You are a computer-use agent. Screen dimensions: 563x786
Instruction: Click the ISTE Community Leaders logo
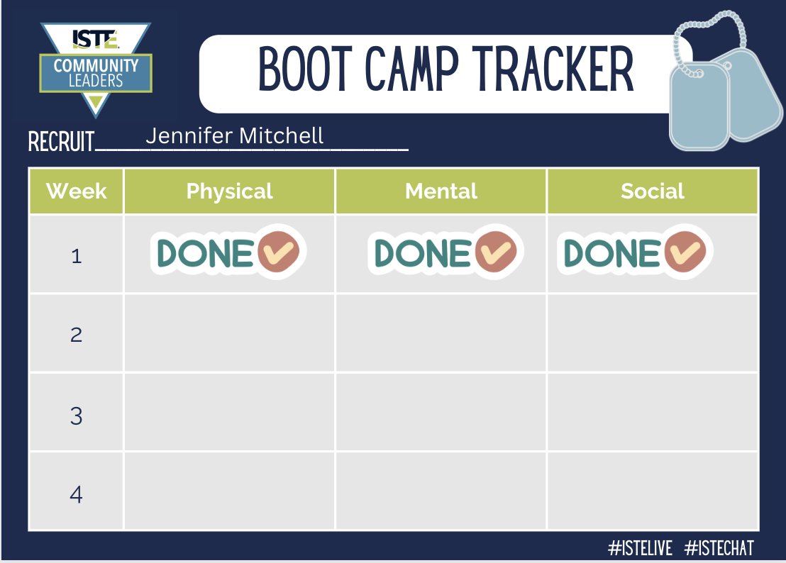(95, 67)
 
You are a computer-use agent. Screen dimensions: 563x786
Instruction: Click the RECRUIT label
(61, 142)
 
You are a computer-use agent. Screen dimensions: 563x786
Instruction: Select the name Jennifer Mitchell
(234, 135)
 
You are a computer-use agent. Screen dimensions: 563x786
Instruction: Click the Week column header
(76, 191)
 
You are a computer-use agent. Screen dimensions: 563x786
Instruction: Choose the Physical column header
(229, 191)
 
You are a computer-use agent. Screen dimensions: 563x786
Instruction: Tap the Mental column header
(441, 191)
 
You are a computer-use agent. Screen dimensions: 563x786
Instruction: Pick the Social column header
(652, 191)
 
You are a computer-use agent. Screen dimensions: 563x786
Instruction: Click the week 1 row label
(76, 255)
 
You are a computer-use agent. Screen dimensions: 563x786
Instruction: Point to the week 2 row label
(76, 334)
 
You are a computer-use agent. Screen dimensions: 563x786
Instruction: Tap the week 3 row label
(76, 416)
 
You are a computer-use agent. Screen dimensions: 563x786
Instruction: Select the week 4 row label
(76, 494)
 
